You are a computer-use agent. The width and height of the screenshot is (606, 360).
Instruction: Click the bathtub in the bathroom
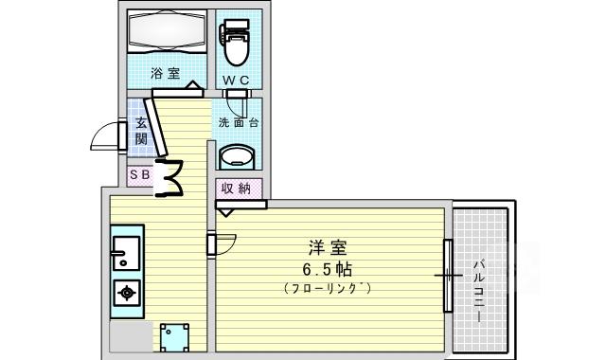166,31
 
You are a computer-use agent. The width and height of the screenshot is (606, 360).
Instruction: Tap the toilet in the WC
236,43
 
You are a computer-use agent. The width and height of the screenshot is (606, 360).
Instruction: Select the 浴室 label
166,73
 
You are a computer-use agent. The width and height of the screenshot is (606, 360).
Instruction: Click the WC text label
236,81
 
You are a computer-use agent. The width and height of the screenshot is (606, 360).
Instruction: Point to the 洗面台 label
238,122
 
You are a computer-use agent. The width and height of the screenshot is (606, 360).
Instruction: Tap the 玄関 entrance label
141,132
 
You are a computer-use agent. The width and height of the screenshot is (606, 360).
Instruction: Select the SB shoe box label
140,175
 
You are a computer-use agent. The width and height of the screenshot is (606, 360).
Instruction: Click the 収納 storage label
236,189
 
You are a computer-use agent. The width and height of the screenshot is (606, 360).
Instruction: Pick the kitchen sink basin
126,253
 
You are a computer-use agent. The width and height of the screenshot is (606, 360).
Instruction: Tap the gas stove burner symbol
127,293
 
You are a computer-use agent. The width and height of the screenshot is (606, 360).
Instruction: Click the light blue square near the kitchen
174,337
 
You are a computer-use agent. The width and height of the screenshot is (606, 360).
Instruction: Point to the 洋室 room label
328,248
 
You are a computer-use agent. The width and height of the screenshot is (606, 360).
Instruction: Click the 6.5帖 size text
327,269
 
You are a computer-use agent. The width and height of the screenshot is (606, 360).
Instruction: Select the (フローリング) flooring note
328,288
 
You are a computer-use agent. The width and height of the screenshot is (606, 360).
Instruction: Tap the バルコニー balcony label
479,292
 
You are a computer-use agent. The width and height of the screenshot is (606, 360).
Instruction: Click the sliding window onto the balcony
448,276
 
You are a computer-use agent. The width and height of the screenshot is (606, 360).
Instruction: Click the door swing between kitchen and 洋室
225,244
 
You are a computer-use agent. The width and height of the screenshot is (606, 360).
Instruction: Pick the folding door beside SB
169,178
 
